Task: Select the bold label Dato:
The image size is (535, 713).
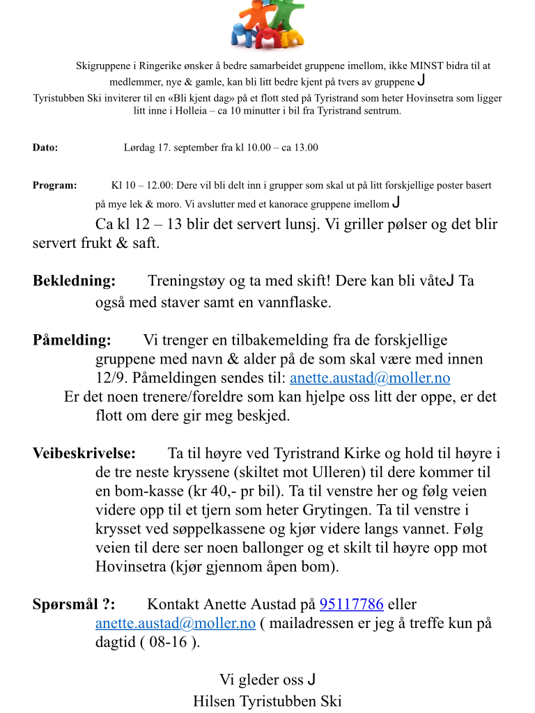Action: tap(45, 148)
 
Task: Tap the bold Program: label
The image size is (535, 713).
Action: tap(55, 186)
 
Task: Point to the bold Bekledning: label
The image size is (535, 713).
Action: tap(75, 281)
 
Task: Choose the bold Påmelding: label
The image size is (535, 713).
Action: tap(72, 340)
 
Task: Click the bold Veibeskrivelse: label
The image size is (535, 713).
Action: tap(84, 453)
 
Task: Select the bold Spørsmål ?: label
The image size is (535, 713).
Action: tap(75, 604)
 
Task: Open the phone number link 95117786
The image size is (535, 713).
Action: tap(351, 604)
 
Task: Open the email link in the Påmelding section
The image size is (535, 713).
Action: tap(370, 378)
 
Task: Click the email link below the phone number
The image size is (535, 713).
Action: tap(176, 623)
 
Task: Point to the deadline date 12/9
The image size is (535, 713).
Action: tap(109, 378)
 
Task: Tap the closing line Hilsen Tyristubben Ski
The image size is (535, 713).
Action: tap(267, 700)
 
